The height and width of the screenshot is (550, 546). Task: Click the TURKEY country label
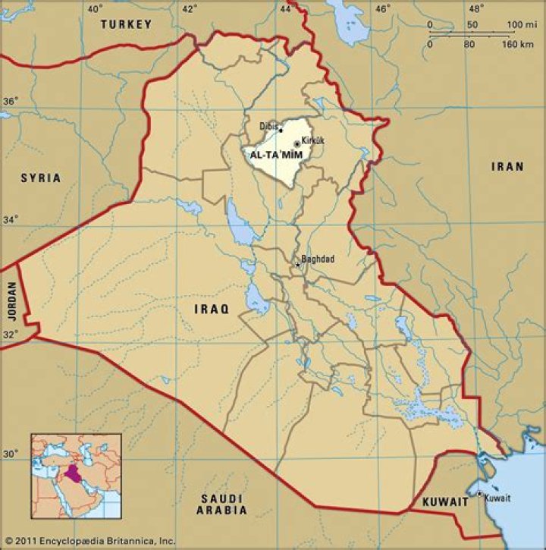[127, 24]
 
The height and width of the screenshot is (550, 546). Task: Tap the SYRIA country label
[40, 178]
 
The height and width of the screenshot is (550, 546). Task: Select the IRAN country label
[507, 166]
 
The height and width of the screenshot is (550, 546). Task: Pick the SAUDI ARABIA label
[223, 504]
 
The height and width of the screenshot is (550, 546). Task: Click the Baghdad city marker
[297, 265]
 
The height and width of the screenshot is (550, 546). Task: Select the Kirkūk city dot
[297, 143]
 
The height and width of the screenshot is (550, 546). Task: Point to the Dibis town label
[268, 126]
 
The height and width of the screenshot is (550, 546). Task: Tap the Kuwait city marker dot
[479, 494]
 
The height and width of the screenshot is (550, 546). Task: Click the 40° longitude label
[94, 8]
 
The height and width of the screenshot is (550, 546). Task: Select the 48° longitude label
[475, 8]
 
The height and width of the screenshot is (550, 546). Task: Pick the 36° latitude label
[11, 101]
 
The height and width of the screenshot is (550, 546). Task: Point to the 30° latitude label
[11, 454]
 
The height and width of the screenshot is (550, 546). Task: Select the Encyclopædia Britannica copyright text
[89, 541]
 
